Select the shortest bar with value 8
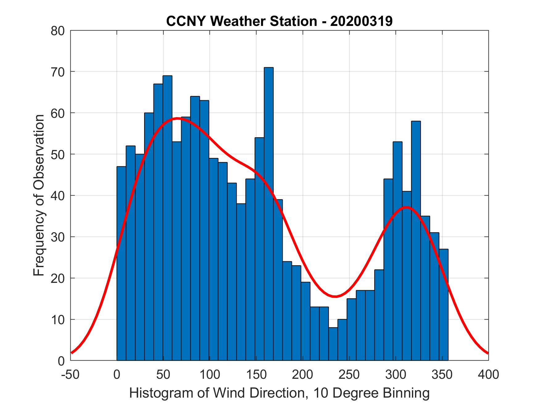[333, 344]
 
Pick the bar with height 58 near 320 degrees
[416, 241]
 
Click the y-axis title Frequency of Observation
[39, 195]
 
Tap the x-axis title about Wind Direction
[279, 393]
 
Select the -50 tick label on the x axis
[70, 375]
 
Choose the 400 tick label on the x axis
[488, 375]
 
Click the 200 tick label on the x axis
[302, 375]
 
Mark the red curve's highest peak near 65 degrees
[177, 118]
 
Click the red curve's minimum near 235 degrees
[335, 296]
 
